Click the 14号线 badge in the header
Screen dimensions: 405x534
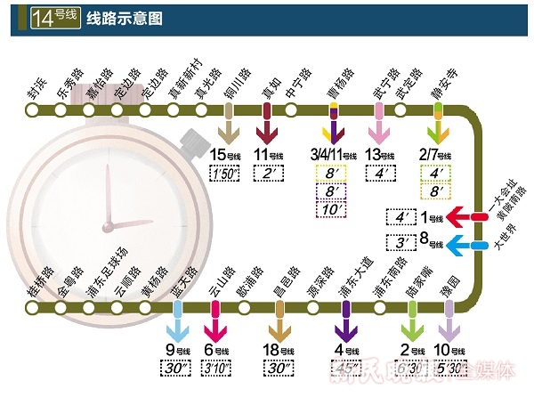click(x=54, y=18)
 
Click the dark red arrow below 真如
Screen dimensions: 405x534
click(x=267, y=126)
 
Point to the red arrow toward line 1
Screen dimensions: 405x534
click(x=464, y=216)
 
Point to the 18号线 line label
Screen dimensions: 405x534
click(x=281, y=350)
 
